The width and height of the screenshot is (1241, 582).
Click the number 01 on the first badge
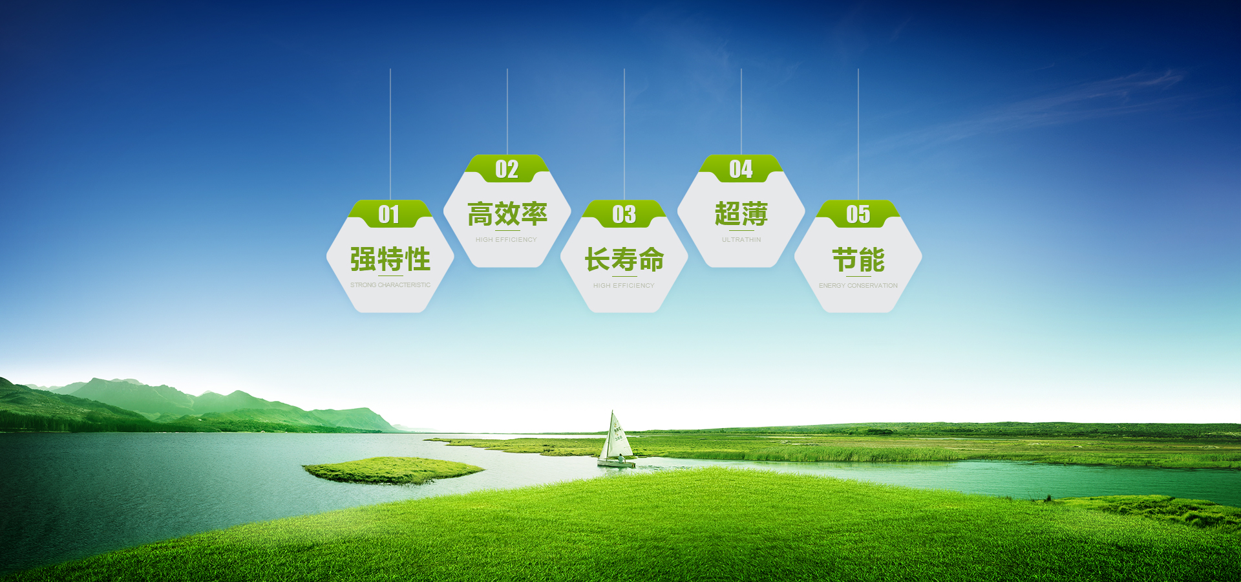pyautogui.click(x=389, y=215)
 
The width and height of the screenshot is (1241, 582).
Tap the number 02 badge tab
pyautogui.click(x=507, y=169)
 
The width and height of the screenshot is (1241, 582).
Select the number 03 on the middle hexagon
pyautogui.click(x=624, y=215)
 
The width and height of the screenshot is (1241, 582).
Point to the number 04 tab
pyautogui.click(x=741, y=169)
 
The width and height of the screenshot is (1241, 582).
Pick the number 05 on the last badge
pyautogui.click(x=858, y=215)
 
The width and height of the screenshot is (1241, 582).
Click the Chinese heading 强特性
pyautogui.click(x=390, y=259)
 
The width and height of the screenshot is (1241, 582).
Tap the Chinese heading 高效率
pyautogui.click(x=507, y=214)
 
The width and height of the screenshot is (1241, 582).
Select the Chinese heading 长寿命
pyautogui.click(x=624, y=259)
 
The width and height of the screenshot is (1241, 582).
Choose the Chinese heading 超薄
pyautogui.click(x=741, y=214)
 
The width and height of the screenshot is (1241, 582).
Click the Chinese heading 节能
pyautogui.click(x=858, y=259)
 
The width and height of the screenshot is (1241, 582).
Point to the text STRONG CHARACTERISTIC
pyautogui.click(x=390, y=285)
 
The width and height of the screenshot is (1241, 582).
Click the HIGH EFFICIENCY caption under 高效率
pyautogui.click(x=506, y=240)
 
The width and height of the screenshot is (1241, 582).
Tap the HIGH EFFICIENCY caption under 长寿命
pyautogui.click(x=624, y=286)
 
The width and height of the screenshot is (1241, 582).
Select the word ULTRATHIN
pyautogui.click(x=741, y=240)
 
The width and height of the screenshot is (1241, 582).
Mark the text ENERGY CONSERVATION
pyautogui.click(x=858, y=286)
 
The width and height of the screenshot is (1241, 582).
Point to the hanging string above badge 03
pyautogui.click(x=624, y=129)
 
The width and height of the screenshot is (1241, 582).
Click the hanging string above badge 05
pyautogui.click(x=858, y=129)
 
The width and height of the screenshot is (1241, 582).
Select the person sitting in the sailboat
pyautogui.click(x=621, y=458)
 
